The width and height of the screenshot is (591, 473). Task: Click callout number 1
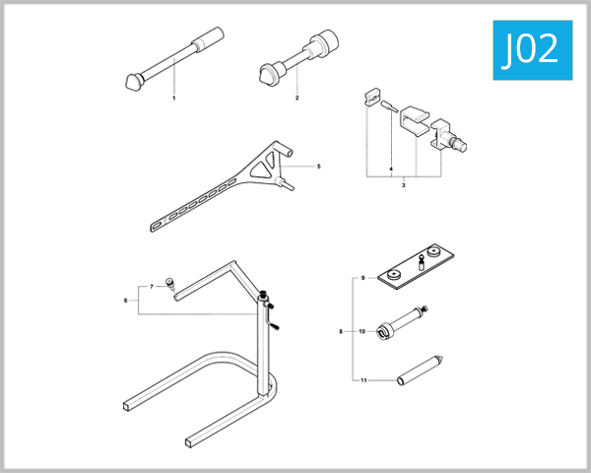tap(174, 99)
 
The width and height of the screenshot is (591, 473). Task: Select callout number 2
tap(296, 99)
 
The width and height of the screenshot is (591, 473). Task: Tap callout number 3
tap(404, 184)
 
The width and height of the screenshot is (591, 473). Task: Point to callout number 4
tap(391, 169)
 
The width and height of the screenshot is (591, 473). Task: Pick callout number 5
tap(319, 167)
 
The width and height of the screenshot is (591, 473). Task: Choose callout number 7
tap(152, 287)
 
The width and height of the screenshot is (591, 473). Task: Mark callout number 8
tap(341, 332)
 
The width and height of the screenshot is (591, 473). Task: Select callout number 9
tap(363, 279)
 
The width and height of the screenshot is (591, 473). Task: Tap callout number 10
tap(362, 332)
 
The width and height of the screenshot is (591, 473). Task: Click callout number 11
tap(362, 378)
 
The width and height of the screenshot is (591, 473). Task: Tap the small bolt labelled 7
tap(168, 283)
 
